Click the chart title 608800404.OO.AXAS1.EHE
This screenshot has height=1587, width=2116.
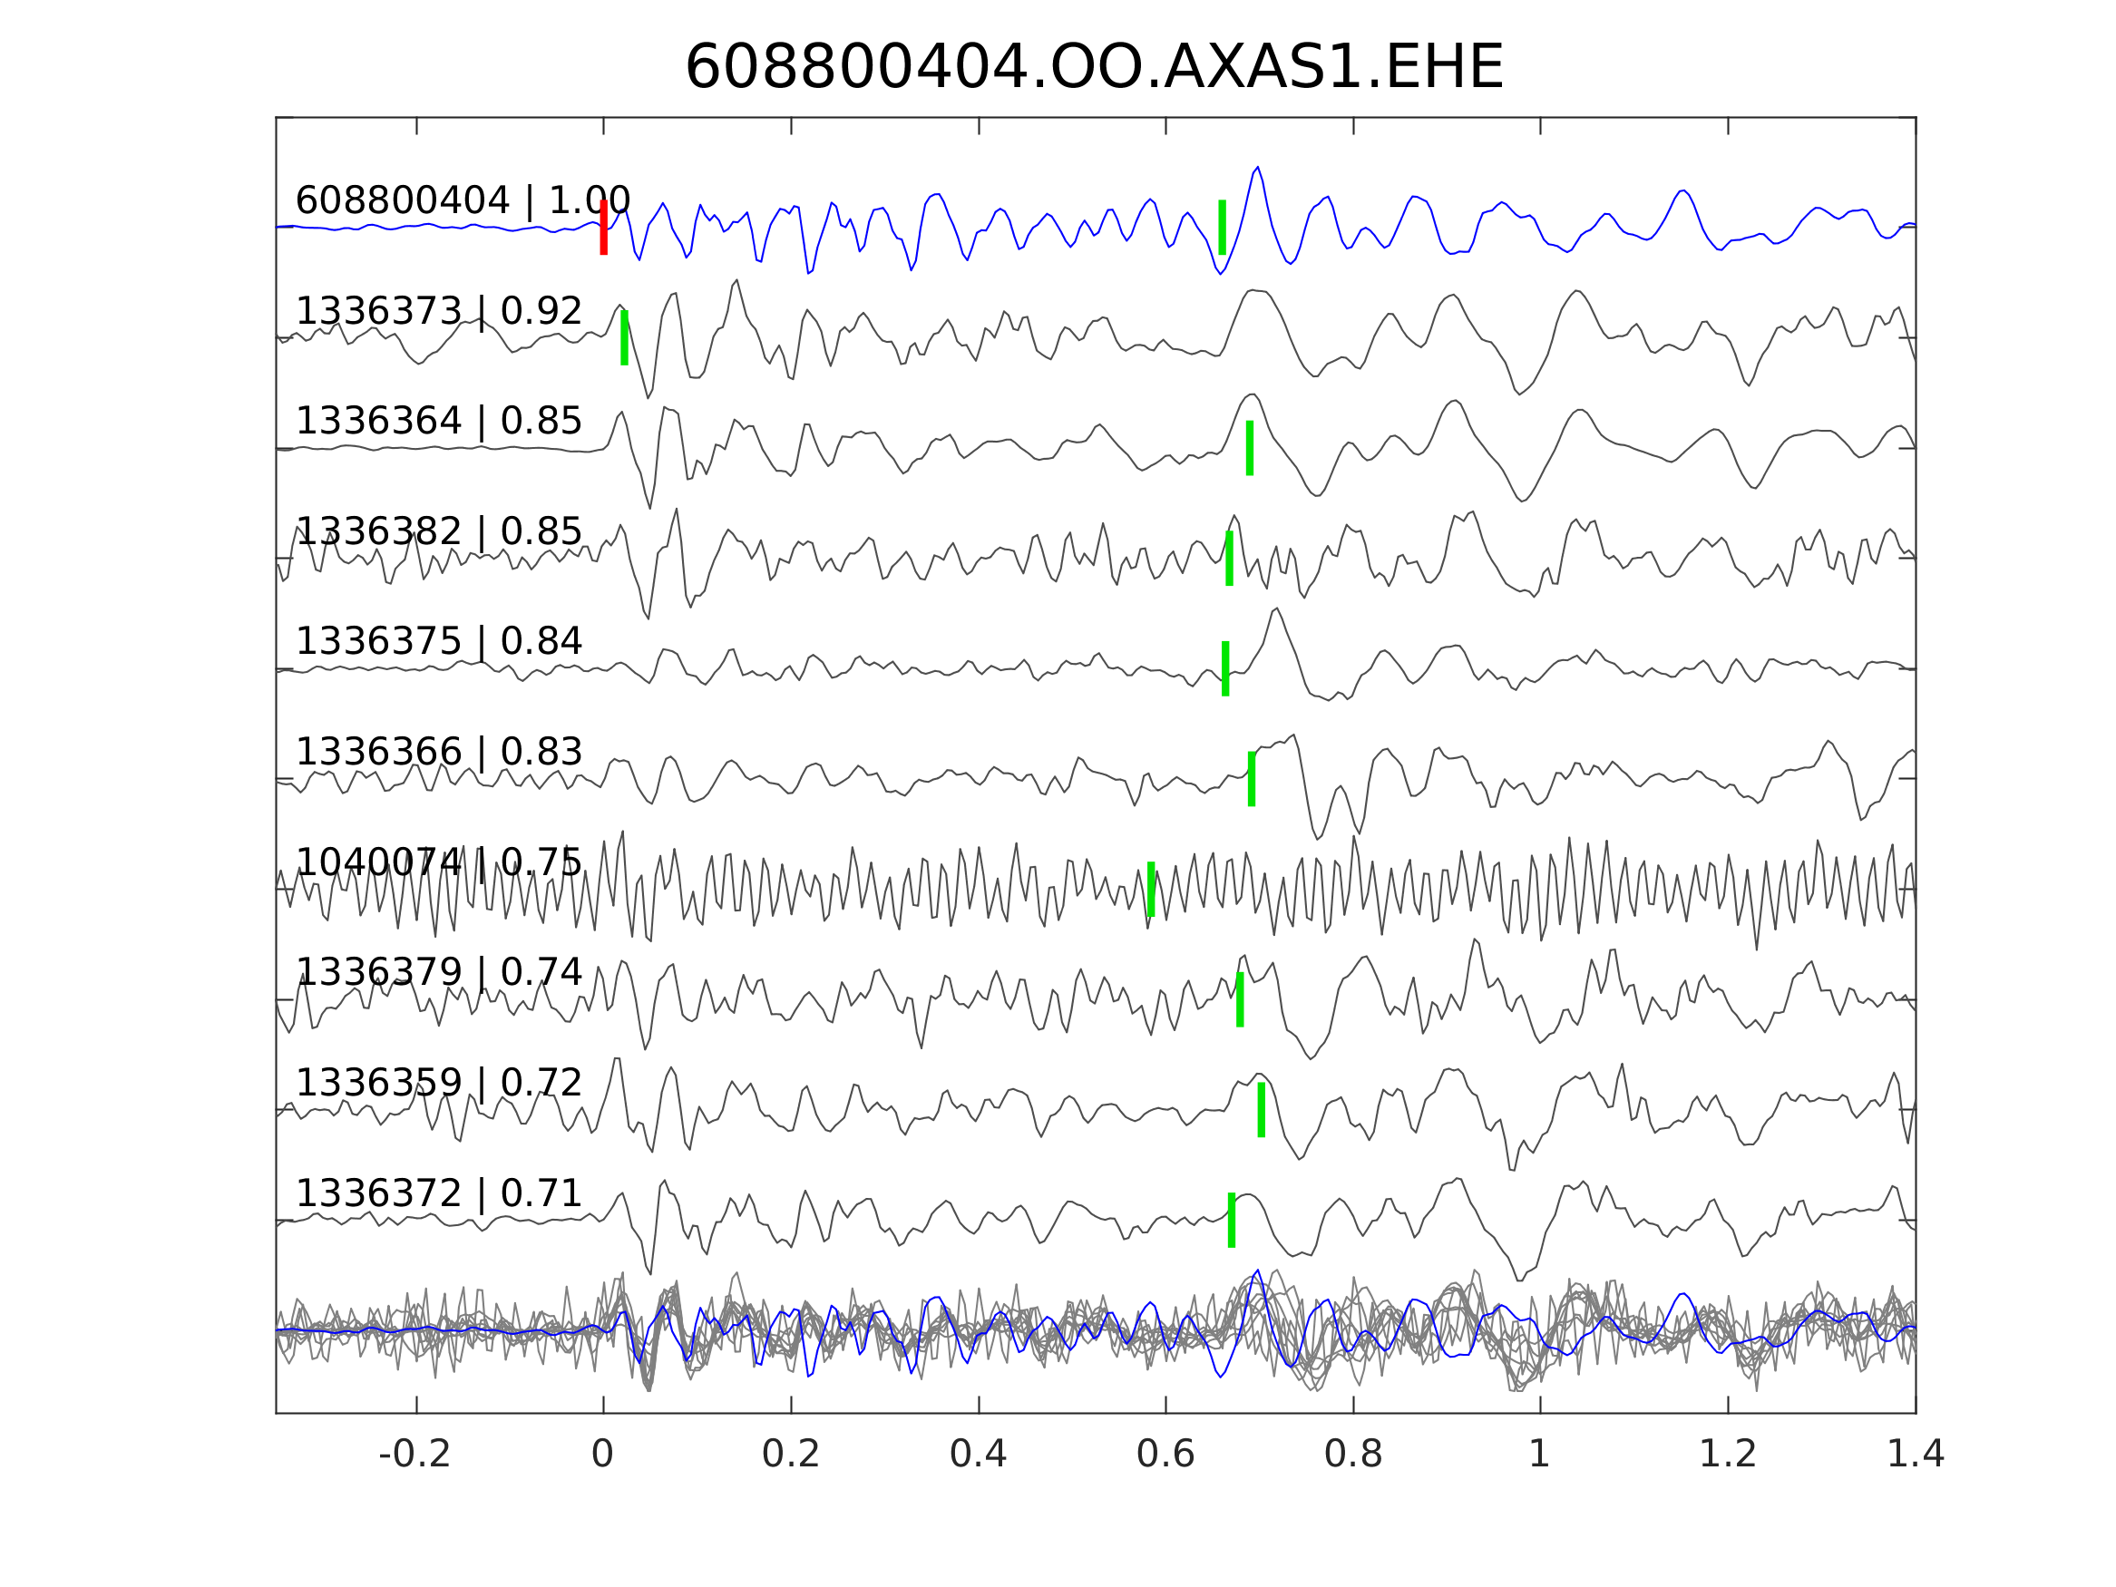pyautogui.click(x=1094, y=68)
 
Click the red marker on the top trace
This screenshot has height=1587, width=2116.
pyautogui.click(x=604, y=228)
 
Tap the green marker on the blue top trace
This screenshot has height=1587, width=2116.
pyautogui.click(x=1222, y=228)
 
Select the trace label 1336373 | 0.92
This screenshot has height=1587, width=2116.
pyautogui.click(x=438, y=311)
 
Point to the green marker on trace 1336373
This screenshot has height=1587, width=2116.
pyautogui.click(x=625, y=337)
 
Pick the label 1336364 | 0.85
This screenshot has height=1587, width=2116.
pyautogui.click(x=438, y=421)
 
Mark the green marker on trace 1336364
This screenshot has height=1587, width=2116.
pyautogui.click(x=1249, y=448)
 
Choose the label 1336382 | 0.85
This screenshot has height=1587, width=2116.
pyautogui.click(x=438, y=531)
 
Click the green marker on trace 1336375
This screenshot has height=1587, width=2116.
pyautogui.click(x=1225, y=668)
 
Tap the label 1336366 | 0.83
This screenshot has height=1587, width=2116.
pyautogui.click(x=438, y=752)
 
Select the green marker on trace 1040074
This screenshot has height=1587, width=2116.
pyautogui.click(x=1151, y=890)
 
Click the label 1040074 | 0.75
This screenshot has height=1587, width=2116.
pyautogui.click(x=438, y=862)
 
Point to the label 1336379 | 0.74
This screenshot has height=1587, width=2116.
pyautogui.click(x=438, y=973)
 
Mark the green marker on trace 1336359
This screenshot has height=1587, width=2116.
pyautogui.click(x=1261, y=1111)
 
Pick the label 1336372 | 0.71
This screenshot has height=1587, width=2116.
pyautogui.click(x=438, y=1193)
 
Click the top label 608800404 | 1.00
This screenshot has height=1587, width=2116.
pyautogui.click(x=462, y=201)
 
